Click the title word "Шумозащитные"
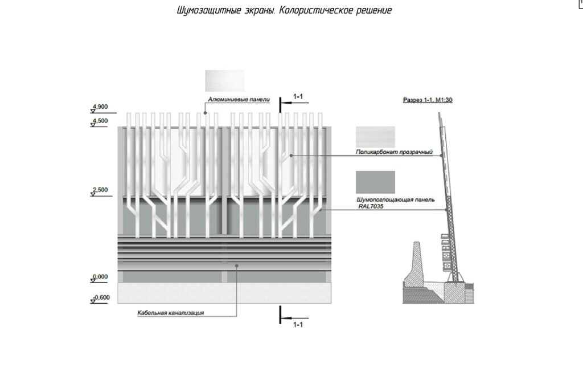pyautogui.click(x=206, y=11)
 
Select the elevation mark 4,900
pyautogui.click(x=100, y=107)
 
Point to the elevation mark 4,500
pyautogui.click(x=100, y=121)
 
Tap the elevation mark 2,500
pyautogui.click(x=100, y=190)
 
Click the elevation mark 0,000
pyautogui.click(x=100, y=276)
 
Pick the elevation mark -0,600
pyautogui.click(x=101, y=297)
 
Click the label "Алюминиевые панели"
pyautogui.click(x=238, y=99)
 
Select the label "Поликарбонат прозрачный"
pyautogui.click(x=395, y=153)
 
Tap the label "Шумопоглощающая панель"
pyautogui.click(x=395, y=200)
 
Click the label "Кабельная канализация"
pyautogui.click(x=170, y=313)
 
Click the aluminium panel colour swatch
pyautogui.click(x=224, y=80)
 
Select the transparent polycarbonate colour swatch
pyautogui.click(x=375, y=137)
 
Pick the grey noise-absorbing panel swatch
pyautogui.click(x=375, y=182)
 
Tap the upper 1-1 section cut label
pyautogui.click(x=298, y=96)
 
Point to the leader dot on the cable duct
pyautogui.click(x=237, y=265)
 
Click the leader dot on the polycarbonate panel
pyautogui.click(x=291, y=155)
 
